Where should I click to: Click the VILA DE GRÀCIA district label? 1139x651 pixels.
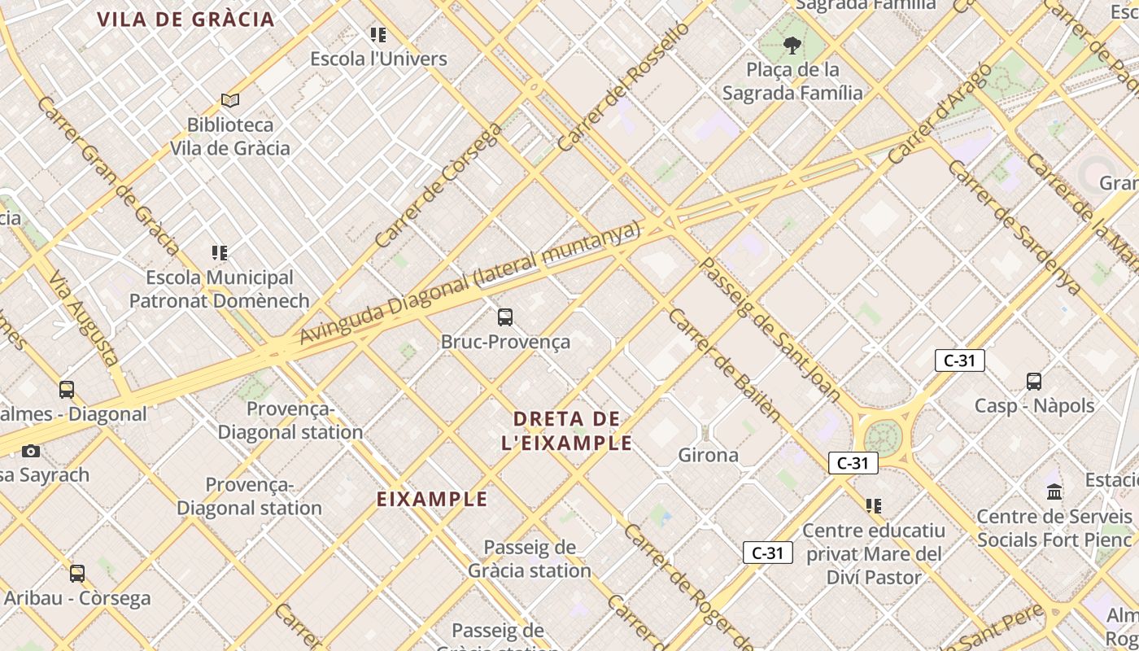coord(185,20)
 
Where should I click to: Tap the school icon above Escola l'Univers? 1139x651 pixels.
coord(378,35)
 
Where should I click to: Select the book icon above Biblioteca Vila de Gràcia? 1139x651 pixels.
coord(230,100)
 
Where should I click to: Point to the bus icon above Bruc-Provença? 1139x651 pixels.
coord(505,317)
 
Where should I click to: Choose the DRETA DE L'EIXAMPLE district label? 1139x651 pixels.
coord(567,431)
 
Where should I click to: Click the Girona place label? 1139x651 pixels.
coord(709,455)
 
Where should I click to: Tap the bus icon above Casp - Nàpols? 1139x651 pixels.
coord(1034,381)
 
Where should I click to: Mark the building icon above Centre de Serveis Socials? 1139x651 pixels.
coord(1055,492)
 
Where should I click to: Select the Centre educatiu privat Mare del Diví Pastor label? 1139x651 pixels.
coord(874,553)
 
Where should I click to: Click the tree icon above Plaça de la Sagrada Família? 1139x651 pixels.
coord(792,46)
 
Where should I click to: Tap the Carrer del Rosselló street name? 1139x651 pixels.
coord(623,86)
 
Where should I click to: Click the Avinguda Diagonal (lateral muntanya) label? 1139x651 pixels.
coord(470,282)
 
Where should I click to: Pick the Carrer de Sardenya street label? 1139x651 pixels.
coord(1014,227)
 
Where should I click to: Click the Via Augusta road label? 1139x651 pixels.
coord(84,317)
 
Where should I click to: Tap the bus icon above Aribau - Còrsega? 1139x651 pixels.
coord(77,574)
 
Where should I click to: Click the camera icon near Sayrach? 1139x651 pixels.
coord(31,451)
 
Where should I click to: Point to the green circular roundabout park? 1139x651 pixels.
coord(884,437)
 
